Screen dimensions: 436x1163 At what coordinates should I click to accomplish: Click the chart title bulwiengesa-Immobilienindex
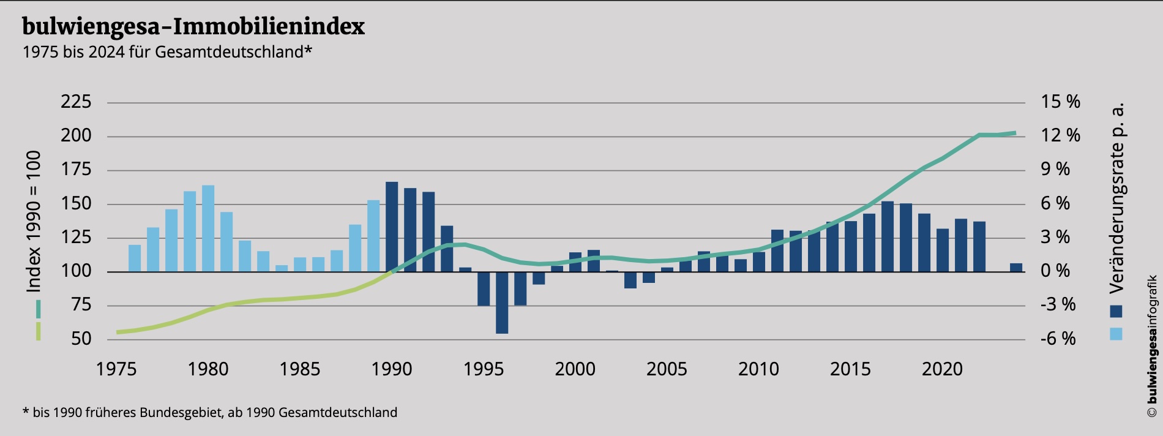(x=193, y=27)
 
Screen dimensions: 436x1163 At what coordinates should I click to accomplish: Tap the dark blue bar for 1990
(x=392, y=227)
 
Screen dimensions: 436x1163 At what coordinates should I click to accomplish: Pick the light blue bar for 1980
(x=208, y=228)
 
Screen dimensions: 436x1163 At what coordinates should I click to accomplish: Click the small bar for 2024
(x=1016, y=268)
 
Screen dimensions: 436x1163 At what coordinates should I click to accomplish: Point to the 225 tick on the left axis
(x=76, y=102)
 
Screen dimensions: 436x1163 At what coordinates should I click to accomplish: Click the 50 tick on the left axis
(x=81, y=339)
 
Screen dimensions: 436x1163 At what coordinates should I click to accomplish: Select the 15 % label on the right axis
(x=1061, y=102)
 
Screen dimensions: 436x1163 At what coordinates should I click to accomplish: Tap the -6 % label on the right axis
(x=1058, y=339)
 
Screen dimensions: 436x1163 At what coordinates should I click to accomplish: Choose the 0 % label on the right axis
(x=1055, y=271)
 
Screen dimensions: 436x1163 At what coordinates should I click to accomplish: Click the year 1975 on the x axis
(x=116, y=369)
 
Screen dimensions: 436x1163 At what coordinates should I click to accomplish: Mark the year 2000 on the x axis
(x=575, y=369)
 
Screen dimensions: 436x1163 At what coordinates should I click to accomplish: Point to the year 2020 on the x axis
(x=943, y=369)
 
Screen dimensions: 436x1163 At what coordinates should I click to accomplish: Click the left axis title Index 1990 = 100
(x=34, y=220)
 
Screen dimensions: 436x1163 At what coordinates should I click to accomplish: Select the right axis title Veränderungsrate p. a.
(x=1118, y=197)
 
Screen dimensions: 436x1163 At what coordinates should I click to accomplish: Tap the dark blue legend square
(x=1116, y=311)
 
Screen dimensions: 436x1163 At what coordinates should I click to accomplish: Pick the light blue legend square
(x=1116, y=334)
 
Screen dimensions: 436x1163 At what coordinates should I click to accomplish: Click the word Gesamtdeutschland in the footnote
(x=338, y=413)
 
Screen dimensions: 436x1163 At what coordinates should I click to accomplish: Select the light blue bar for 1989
(x=373, y=236)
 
